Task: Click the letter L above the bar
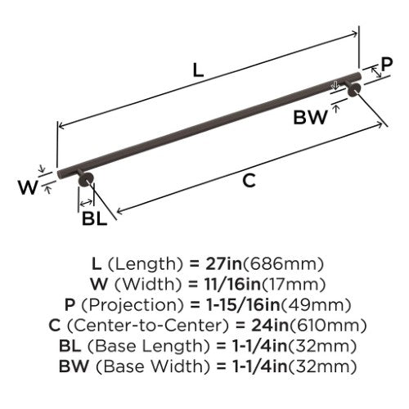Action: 198,70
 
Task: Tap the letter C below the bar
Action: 249,181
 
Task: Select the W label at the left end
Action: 28,187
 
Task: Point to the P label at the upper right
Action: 387,65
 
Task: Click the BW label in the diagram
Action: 310,118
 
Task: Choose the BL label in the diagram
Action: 94,218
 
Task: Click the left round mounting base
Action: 86,180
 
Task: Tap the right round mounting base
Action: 354,89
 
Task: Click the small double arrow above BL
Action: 86,203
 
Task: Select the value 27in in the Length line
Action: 223,264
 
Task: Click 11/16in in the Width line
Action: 233,285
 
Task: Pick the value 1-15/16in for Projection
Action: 244,305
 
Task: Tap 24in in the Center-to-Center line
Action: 270,326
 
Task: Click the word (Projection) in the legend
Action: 133,305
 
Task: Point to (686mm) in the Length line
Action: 283,264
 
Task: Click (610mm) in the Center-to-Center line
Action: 327,326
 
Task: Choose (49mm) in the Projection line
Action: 316,305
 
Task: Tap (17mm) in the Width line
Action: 294,285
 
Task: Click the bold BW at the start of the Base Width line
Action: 74,366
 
